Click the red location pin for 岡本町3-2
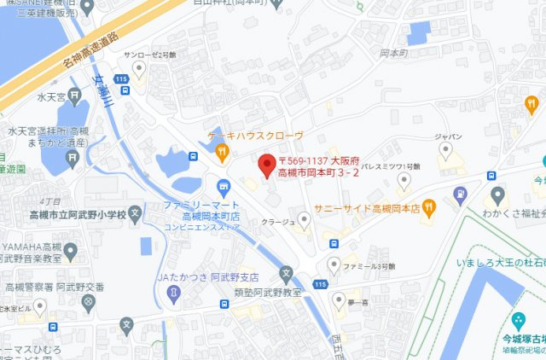coord(265,162)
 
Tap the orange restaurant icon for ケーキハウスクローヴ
coord(222,153)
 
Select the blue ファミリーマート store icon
coord(224,187)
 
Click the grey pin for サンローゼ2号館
coord(138,67)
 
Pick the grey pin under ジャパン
coord(444,150)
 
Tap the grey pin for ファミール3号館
coord(334,265)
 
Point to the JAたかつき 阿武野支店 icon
coord(174,292)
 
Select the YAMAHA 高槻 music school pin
coord(73,253)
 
